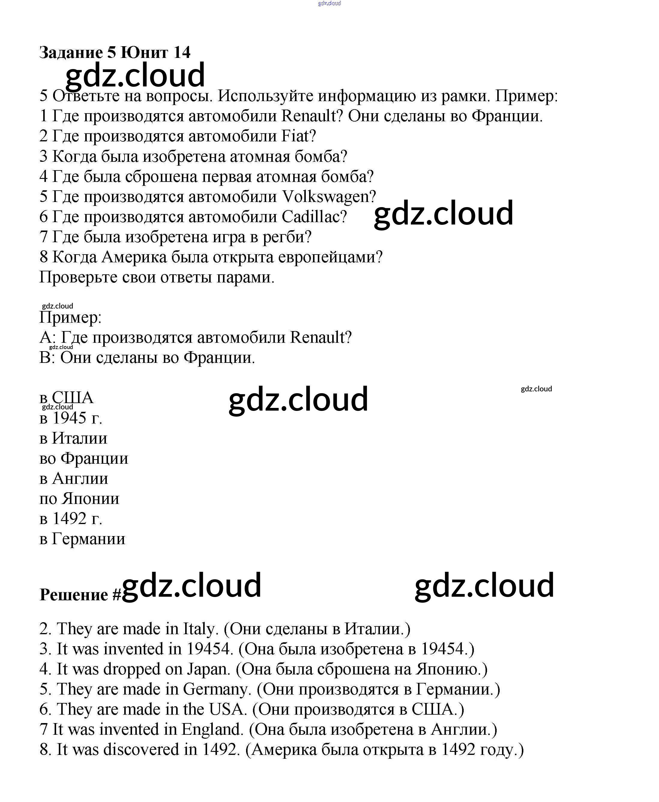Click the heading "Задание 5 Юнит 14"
pyautogui.click(x=115, y=53)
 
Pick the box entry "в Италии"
pyautogui.click(x=73, y=438)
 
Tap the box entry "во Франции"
pyautogui.click(x=83, y=458)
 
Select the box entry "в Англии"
pyautogui.click(x=74, y=478)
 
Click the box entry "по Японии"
pyautogui.click(x=79, y=499)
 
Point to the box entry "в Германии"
pyautogui.click(x=82, y=539)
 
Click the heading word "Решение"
pyautogui.click(x=74, y=595)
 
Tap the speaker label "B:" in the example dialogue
pyautogui.click(x=47, y=358)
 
